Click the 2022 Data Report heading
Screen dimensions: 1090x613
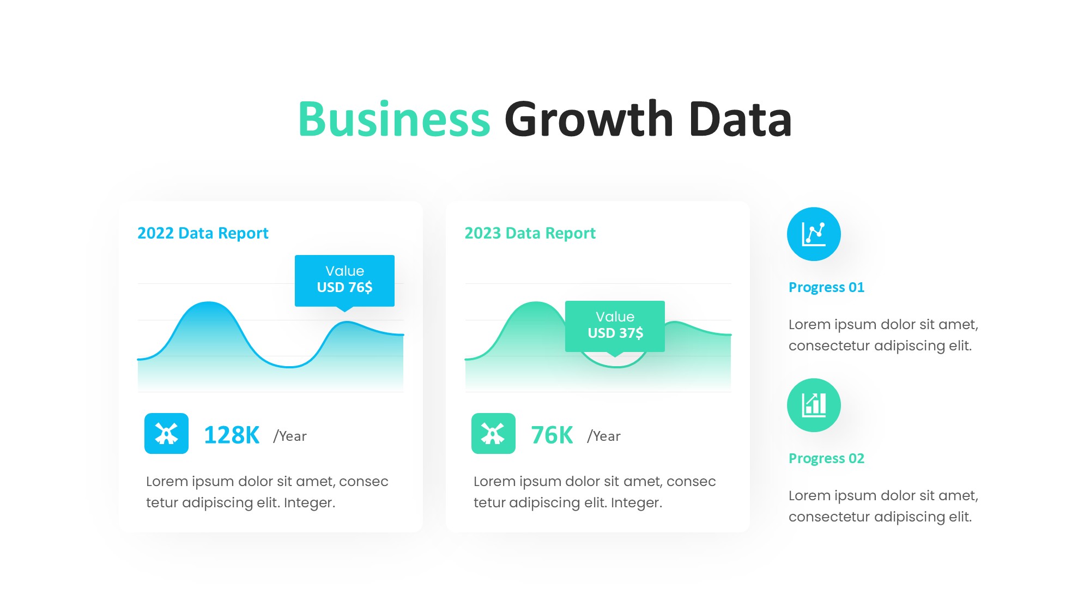pyautogui.click(x=203, y=233)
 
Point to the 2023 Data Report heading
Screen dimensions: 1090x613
pyautogui.click(x=530, y=233)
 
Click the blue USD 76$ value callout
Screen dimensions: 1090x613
pyautogui.click(x=344, y=281)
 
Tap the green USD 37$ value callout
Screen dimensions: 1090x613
pyautogui.click(x=615, y=327)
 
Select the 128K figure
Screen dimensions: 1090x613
pyautogui.click(x=232, y=435)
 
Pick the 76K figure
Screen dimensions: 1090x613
pyautogui.click(x=552, y=435)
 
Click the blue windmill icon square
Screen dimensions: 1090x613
pyautogui.click(x=166, y=434)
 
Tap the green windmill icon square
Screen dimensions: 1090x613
pyautogui.click(x=493, y=434)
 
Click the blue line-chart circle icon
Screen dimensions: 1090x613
pyautogui.click(x=814, y=234)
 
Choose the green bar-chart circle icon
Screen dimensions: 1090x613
pyautogui.click(x=814, y=405)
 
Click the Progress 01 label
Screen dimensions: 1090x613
pyautogui.click(x=826, y=287)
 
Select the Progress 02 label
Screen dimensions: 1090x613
pyautogui.click(x=826, y=458)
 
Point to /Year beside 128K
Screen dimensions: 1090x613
pyautogui.click(x=290, y=436)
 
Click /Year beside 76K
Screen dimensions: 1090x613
pyautogui.click(x=604, y=436)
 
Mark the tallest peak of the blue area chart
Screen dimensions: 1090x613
pyautogui.click(x=209, y=302)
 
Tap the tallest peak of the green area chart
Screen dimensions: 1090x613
pyautogui.click(x=536, y=302)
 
